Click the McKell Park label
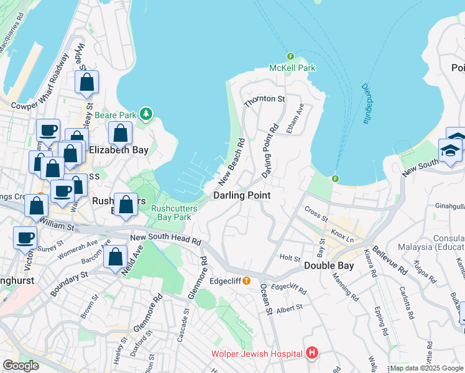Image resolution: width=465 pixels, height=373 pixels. pos(292,68)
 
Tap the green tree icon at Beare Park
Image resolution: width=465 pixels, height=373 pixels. pos(146,114)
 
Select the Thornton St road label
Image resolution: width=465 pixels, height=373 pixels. pos(264,99)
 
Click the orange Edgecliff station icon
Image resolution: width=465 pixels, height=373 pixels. pos(246,280)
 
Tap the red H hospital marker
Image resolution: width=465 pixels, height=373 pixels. pos(312,354)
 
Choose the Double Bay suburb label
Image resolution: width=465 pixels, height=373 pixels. pos(329,265)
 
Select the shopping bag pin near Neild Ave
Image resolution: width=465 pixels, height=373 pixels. pos(116,257)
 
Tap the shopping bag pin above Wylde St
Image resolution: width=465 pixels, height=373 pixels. pos(86,82)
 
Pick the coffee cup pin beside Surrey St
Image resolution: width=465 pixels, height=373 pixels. pos(25,237)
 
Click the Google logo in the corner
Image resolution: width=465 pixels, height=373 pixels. pos(21,366)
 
